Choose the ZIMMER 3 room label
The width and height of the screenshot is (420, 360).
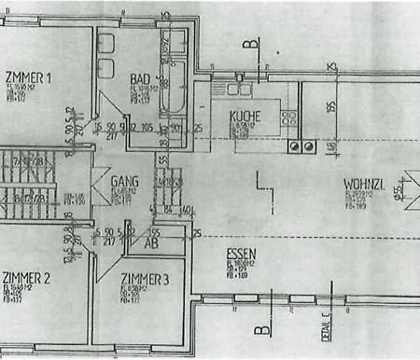[145, 277]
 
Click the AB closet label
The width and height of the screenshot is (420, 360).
[150, 242]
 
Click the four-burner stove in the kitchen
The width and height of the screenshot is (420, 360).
[304, 145]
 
